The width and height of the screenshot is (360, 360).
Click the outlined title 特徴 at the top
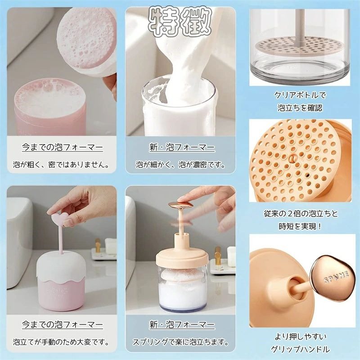[x=180, y=22]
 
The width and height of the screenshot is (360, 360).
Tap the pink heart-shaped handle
[x=59, y=218]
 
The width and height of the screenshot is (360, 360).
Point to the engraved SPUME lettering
[x=336, y=277]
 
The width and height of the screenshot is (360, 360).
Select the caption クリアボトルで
[x=300, y=95]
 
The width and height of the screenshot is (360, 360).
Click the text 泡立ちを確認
[x=300, y=108]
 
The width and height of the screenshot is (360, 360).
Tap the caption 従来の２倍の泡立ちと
[x=301, y=214]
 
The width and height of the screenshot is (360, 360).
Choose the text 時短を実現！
[x=300, y=226]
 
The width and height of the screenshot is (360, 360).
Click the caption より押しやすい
[x=300, y=337]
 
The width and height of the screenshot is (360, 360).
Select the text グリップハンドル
[x=300, y=350]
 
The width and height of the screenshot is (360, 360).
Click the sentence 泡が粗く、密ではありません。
[x=61, y=164]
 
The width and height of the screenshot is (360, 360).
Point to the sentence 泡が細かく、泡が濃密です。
[x=180, y=164]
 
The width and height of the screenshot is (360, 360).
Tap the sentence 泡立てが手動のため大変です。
[x=61, y=342]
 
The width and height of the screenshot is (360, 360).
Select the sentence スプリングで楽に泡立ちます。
[x=181, y=342]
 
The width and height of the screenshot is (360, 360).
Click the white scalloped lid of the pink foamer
[x=61, y=266]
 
